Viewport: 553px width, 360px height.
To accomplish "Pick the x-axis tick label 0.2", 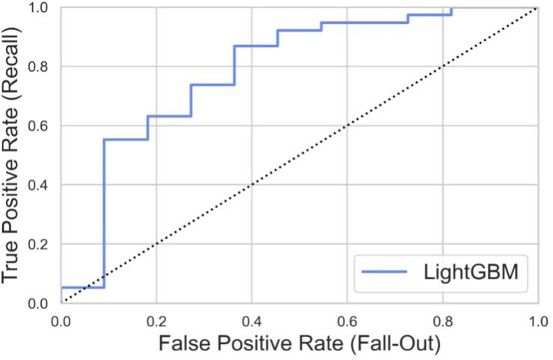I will click(156, 320).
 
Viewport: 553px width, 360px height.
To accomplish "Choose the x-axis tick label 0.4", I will click(251, 320).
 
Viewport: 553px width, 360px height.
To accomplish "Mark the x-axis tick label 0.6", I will click(347, 320).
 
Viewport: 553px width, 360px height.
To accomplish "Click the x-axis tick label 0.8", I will click(442, 320).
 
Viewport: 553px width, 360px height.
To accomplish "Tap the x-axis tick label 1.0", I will click(536, 320).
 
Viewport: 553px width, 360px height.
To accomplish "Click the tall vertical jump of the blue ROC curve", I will click(104, 210).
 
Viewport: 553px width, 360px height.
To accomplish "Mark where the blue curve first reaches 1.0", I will click(451, 7).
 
